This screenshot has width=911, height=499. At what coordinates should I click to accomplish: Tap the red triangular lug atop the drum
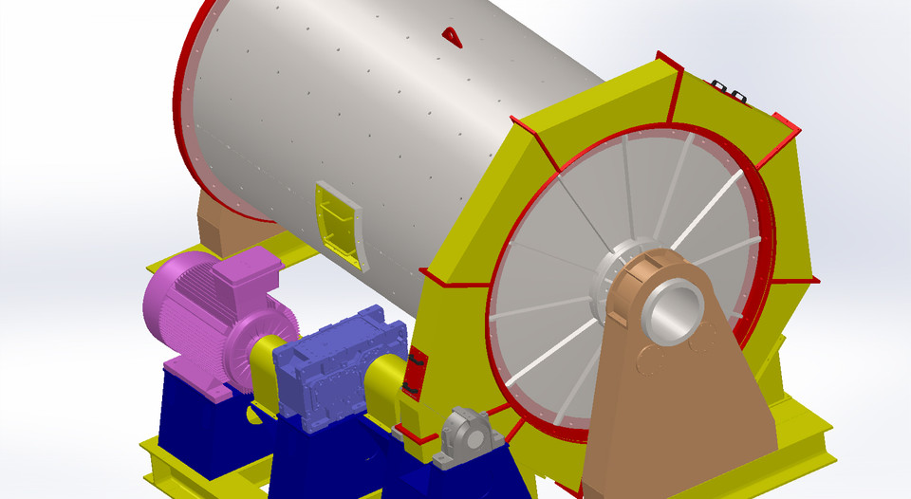(x=452, y=36)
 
